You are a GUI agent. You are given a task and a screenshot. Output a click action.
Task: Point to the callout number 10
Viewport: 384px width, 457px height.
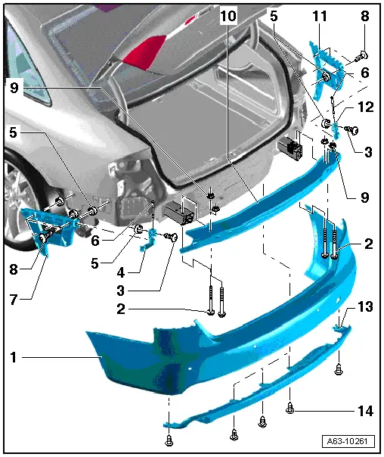[229, 16]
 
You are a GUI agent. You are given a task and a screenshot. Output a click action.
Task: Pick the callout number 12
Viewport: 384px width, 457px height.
[365, 109]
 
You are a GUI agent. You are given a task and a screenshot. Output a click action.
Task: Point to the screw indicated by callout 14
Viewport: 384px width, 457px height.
[292, 409]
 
